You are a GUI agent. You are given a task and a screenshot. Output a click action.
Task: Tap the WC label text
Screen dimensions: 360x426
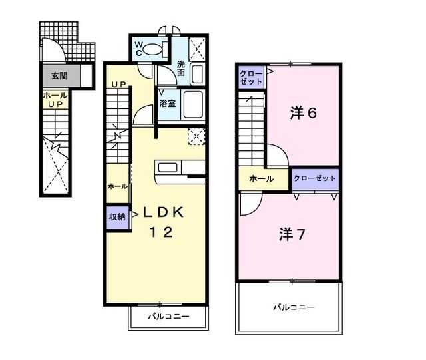[139, 49]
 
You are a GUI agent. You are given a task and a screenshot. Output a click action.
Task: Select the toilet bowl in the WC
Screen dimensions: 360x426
[154, 49]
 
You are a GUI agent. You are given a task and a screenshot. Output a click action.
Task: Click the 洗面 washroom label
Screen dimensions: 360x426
[182, 69]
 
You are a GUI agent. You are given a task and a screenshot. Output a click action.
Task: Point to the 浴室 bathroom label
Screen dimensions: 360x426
[167, 104]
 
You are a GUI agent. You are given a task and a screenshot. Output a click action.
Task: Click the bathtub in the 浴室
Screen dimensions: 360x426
[194, 104]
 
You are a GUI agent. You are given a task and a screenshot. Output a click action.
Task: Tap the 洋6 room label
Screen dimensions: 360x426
[303, 112]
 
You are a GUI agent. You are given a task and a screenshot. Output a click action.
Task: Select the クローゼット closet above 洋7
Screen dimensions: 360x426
[315, 178]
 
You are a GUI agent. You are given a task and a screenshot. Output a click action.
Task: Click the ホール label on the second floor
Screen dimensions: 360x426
[261, 179]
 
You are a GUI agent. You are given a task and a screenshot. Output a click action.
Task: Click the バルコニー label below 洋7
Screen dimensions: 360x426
[293, 307]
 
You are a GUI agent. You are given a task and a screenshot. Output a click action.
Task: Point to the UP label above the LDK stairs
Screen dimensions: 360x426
[118, 83]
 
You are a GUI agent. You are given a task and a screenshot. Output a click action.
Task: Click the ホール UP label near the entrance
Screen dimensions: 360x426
[55, 100]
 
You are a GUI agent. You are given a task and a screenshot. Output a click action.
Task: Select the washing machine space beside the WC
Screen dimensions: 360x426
[196, 45]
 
